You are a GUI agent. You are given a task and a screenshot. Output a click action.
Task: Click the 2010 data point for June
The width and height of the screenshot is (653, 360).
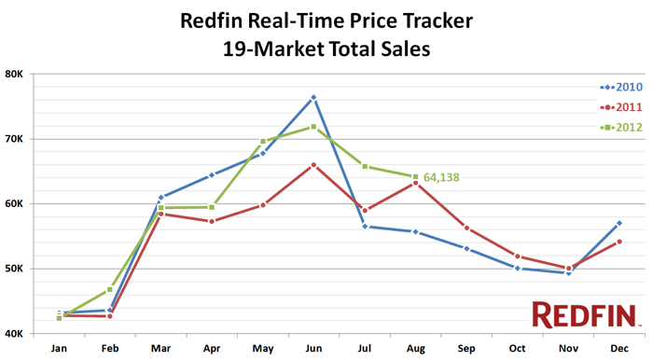[x=313, y=97]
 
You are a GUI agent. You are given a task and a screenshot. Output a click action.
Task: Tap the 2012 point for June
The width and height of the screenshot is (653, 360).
[x=313, y=127]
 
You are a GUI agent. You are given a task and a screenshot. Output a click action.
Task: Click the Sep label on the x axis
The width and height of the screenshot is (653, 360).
[x=466, y=347]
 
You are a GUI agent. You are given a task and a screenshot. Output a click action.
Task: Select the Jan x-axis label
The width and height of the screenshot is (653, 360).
[x=59, y=347]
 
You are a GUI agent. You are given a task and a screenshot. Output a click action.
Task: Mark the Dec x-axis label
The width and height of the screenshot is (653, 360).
[x=619, y=347]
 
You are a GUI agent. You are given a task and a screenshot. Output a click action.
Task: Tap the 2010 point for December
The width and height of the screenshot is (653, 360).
[x=619, y=223]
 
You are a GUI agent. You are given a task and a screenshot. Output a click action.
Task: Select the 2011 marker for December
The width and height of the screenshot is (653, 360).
[x=619, y=242]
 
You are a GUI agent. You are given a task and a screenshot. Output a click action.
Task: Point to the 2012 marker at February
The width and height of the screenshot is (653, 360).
[x=110, y=289]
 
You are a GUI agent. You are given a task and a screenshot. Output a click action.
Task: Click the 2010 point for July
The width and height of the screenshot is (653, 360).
[x=365, y=226]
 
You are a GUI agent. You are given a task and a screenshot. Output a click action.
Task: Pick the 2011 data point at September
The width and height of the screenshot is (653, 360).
[x=466, y=228]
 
